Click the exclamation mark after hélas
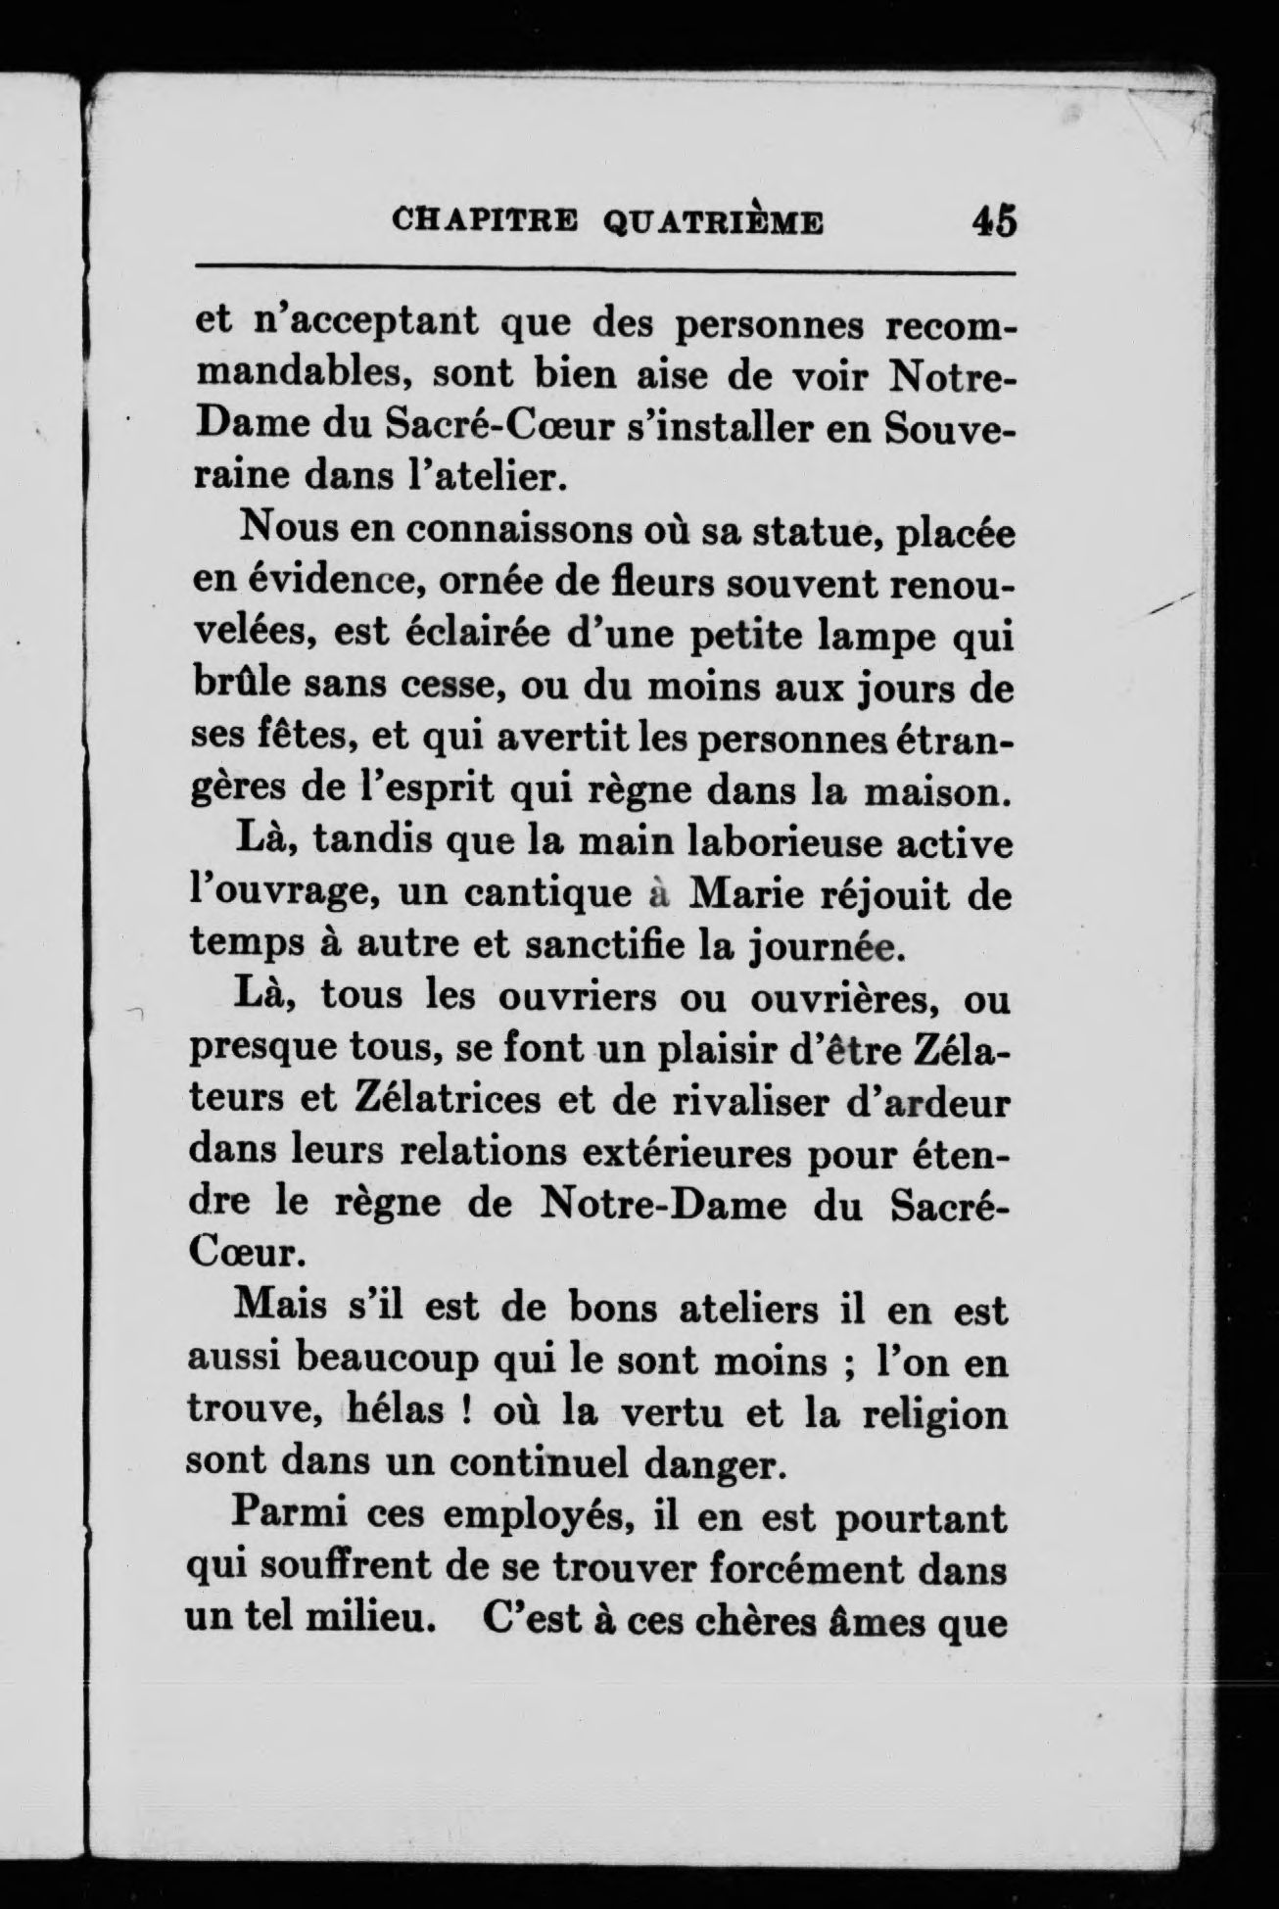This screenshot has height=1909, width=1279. pyautogui.click(x=464, y=1415)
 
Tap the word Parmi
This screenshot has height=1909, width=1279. pyautogui.click(x=281, y=1519)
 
